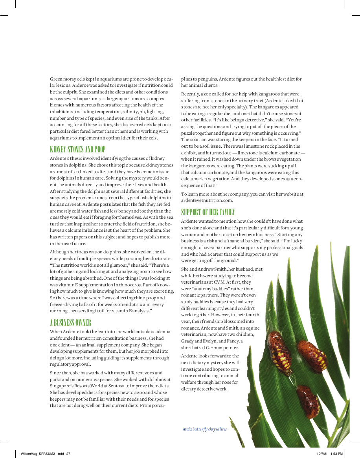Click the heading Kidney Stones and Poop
coord(78,149)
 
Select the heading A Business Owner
coord(71,323)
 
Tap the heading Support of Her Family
coord(208,213)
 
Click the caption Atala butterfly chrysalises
coord(205,429)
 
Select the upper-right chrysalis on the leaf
coord(312,356)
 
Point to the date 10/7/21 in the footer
coord(322,454)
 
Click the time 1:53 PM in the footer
coord(337,454)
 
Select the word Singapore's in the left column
coord(62,386)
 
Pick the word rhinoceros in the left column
coord(128,284)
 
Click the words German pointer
coord(232,347)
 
